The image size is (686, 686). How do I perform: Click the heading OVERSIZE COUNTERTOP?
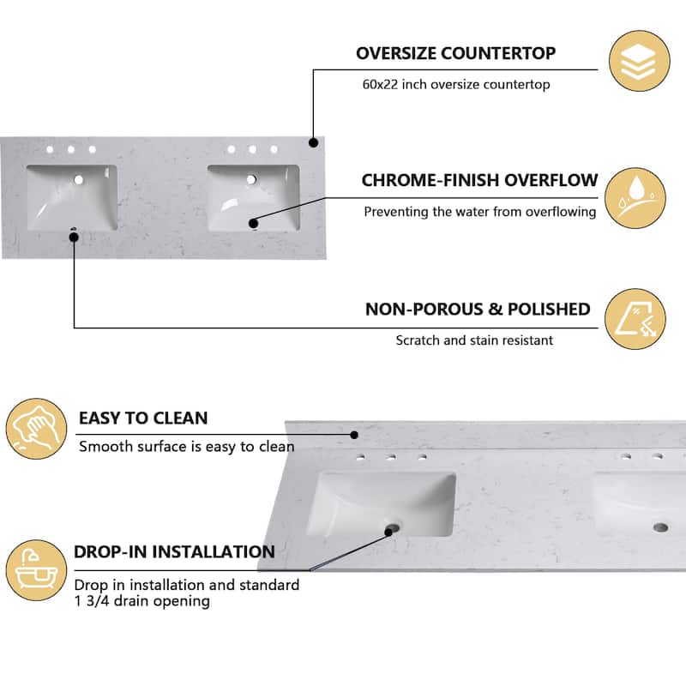point(455,53)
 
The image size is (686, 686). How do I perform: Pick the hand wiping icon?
point(36,428)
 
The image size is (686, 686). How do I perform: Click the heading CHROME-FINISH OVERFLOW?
point(479,180)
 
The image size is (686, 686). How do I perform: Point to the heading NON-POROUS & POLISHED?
point(478,309)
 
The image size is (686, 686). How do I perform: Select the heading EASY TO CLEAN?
point(143,418)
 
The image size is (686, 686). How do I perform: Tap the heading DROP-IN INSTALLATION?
point(174,552)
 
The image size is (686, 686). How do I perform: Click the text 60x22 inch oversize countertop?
point(455,85)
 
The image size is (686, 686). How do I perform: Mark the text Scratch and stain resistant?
point(474,340)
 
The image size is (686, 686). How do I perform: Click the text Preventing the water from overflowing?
point(479,211)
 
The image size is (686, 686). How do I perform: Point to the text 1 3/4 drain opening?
point(142,601)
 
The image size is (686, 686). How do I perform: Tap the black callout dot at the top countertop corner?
point(314,142)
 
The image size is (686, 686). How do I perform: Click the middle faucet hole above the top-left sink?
point(71,150)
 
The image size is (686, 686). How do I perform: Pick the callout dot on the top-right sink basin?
point(254,224)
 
